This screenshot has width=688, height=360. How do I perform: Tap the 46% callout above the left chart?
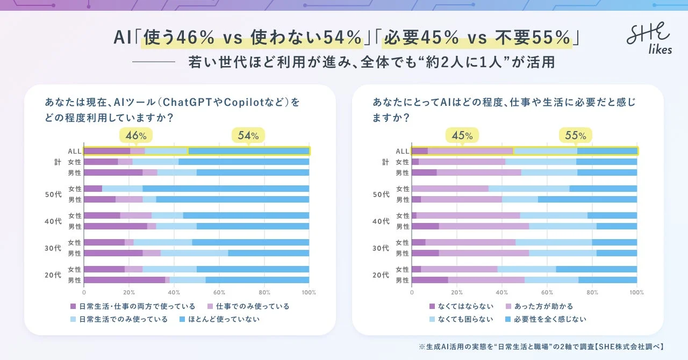point(136,135)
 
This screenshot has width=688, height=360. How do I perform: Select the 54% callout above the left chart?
point(248,135)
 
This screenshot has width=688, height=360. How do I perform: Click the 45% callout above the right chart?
point(462,135)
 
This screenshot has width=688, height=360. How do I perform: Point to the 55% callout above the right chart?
point(575,135)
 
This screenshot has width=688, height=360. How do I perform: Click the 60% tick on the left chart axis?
point(219,292)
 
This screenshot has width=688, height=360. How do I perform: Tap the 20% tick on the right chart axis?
point(457,292)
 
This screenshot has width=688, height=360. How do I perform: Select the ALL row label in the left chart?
point(74,151)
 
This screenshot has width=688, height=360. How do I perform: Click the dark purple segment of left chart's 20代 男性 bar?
point(124,280)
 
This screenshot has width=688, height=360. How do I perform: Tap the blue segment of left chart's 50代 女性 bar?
point(226,189)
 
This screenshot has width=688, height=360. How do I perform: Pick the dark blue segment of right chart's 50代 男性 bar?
point(587,199)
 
